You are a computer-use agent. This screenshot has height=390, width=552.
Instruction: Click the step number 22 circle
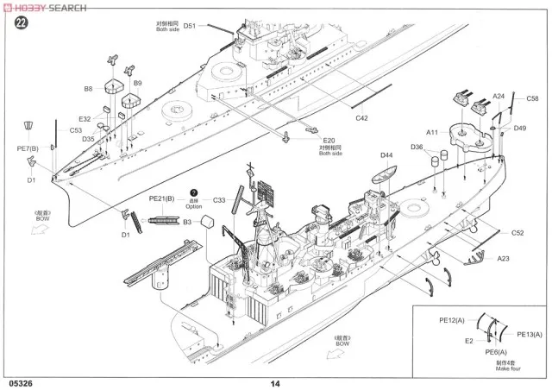[x=19, y=23]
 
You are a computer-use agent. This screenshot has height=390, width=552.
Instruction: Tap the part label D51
[x=190, y=26]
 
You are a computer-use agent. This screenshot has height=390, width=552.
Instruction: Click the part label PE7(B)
[x=28, y=148]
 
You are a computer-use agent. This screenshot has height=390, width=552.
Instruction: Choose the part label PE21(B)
[x=161, y=198]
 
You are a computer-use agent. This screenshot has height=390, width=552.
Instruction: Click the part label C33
[x=219, y=199]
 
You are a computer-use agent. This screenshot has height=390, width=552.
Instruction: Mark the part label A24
[x=499, y=97]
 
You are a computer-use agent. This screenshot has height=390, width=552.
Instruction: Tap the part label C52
[x=517, y=232]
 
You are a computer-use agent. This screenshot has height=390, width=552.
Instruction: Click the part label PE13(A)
[x=530, y=334]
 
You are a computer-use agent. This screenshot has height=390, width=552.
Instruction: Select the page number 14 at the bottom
[x=275, y=383]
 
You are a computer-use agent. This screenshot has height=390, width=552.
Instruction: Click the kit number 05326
[x=21, y=383]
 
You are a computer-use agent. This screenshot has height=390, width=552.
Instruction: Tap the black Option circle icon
[x=194, y=192]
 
